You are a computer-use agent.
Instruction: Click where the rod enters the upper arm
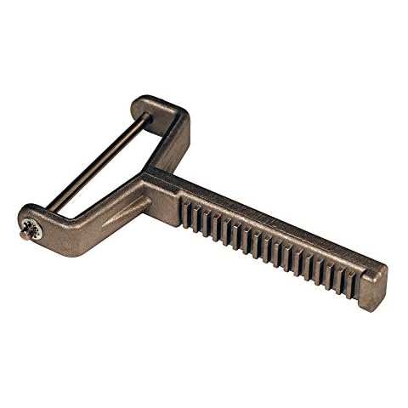pos(148,118)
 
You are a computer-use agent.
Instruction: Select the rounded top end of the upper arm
pos(158,105)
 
